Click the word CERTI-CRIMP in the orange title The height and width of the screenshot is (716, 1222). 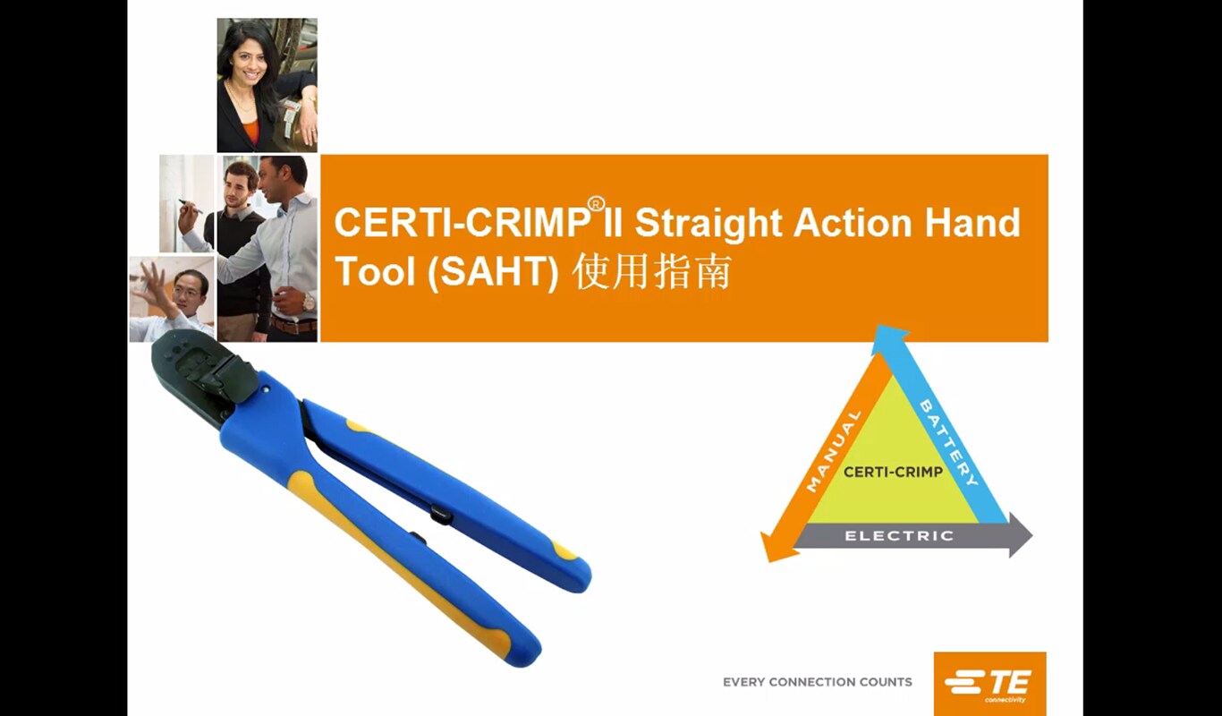coord(461,222)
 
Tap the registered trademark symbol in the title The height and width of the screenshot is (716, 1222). coord(597,203)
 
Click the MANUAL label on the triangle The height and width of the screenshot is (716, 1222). coord(833,451)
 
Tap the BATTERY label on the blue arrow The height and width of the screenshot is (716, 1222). coord(948,443)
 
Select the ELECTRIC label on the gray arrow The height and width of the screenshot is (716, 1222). coord(899,536)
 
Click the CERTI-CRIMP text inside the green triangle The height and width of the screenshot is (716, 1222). coord(893,472)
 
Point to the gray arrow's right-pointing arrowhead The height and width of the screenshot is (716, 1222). coord(1020,535)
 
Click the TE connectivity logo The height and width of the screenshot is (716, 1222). coord(989,684)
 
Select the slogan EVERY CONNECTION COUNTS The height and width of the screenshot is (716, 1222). coord(818,682)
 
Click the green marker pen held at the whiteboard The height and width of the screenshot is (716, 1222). coord(190,206)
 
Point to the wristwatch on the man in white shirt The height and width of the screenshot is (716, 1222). coord(310,302)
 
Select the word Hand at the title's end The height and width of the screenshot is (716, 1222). coord(972,222)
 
